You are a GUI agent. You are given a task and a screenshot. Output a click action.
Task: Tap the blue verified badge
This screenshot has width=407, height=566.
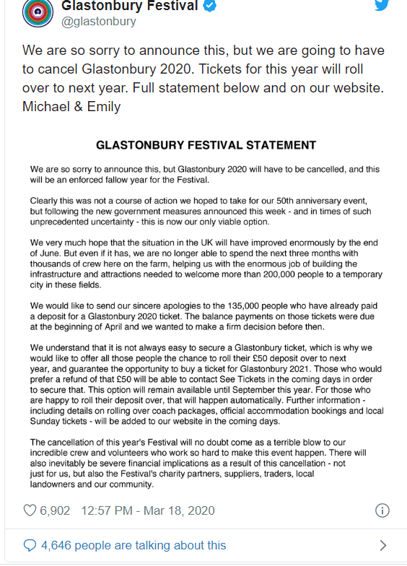point(210,6)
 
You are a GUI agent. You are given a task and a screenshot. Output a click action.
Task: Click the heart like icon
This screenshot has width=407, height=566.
point(30,510)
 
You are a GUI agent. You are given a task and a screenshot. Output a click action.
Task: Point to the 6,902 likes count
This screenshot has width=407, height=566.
point(56,510)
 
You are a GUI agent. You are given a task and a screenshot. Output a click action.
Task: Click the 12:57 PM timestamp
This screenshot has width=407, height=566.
point(108,510)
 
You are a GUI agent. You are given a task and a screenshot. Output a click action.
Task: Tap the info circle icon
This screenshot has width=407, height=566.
point(382,510)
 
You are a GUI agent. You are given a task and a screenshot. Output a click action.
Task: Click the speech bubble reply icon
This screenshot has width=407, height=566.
point(30,545)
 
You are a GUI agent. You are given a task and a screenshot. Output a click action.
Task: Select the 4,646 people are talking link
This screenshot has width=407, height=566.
point(134,545)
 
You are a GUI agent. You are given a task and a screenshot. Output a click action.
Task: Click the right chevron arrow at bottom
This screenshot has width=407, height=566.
point(382,545)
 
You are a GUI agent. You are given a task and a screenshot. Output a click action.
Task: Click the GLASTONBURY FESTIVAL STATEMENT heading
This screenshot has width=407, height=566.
point(206,145)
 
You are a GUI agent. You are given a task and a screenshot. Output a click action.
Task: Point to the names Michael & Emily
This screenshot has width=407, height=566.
point(71,107)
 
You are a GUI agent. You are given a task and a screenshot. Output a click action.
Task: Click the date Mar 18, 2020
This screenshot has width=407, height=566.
point(182,510)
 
